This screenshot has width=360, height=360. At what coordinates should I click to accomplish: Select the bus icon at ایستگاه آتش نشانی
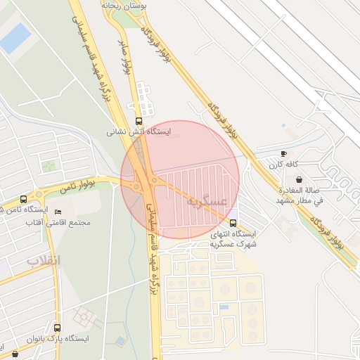point(138,120)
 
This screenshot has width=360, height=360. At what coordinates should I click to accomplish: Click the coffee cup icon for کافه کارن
point(283,153)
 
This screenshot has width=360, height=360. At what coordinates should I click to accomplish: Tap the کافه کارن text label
point(283,165)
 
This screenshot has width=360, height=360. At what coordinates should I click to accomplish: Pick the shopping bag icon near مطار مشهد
point(300,179)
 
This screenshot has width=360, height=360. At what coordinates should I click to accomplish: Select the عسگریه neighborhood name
point(206,202)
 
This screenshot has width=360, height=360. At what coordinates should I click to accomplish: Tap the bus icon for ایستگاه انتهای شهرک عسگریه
point(233,223)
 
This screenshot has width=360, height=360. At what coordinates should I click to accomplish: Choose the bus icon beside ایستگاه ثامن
point(24,199)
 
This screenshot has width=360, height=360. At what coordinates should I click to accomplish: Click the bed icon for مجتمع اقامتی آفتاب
point(58,212)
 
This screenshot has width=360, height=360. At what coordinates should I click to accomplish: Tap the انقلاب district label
point(44,261)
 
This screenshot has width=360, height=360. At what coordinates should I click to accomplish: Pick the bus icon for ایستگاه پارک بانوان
point(57,328)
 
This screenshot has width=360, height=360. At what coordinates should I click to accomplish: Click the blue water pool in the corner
point(15,38)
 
